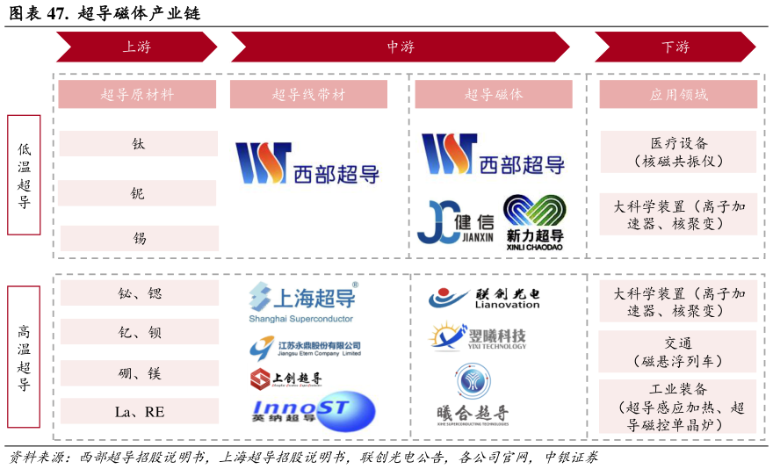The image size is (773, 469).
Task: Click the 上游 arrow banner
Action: (x=136, y=47)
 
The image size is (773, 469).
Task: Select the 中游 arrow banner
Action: (x=400, y=47)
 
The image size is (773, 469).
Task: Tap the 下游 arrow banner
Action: (x=675, y=47)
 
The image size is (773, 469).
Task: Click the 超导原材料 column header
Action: (x=137, y=95)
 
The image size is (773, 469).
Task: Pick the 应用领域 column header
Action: (x=678, y=95)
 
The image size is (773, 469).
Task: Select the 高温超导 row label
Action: (x=24, y=357)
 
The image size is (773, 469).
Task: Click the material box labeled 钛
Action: (x=138, y=143)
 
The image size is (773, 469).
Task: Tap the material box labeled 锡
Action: (x=138, y=238)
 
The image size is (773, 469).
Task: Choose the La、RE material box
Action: (x=139, y=411)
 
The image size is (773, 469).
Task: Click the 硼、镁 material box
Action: (x=139, y=373)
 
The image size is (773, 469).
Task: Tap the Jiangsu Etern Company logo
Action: (x=310, y=346)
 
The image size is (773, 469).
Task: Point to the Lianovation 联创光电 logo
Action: (x=483, y=297)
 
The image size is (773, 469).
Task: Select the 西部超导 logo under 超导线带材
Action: (x=307, y=163)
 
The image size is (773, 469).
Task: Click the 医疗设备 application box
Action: (x=678, y=151)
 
